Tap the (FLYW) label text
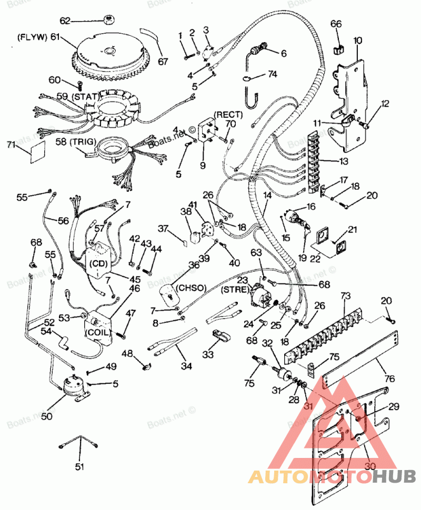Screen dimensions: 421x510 pos(32,37)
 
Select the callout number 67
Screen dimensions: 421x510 pos(163,61)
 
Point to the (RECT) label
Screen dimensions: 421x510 pos(228,115)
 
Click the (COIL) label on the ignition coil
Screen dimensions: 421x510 pos(98,332)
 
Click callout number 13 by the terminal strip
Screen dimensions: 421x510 pos(344,161)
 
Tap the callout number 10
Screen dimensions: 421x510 pos(357,40)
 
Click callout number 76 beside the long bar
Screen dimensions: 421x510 pos(389,379)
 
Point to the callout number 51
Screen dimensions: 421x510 pos(79,466)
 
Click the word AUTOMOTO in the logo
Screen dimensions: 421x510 pos(310,477)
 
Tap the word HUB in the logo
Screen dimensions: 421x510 pos(394,477)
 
